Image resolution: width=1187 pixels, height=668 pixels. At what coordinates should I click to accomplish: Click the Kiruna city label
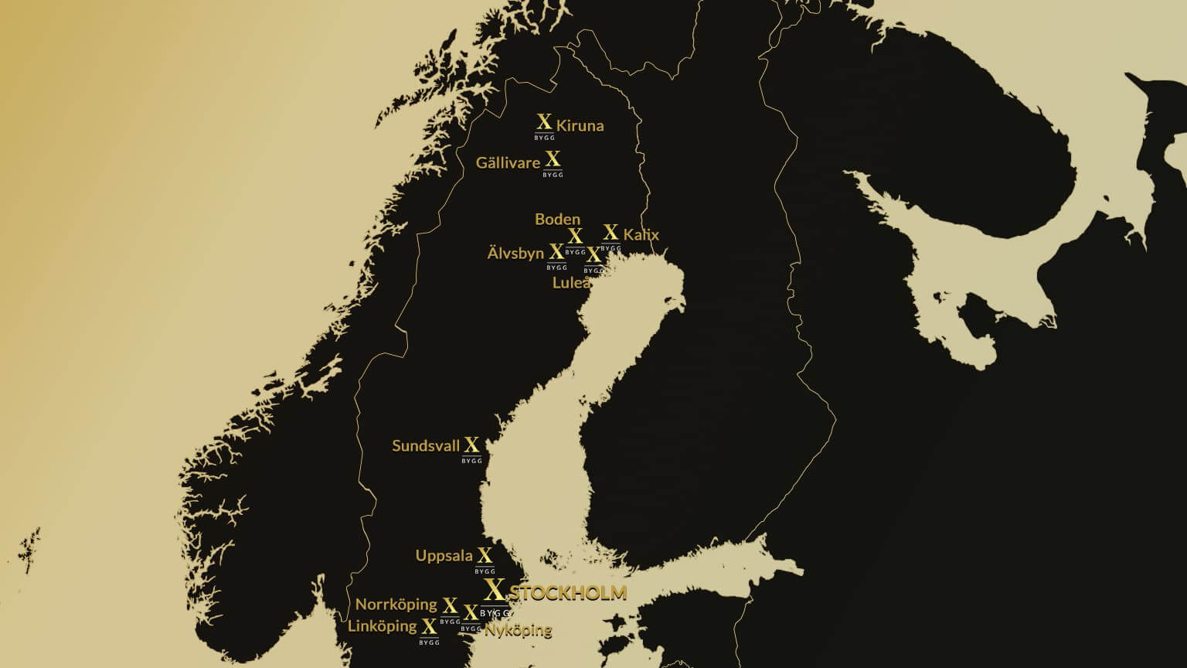580,125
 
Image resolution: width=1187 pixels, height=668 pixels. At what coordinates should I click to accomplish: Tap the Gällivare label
508,163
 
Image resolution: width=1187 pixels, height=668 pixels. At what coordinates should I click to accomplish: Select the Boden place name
557,219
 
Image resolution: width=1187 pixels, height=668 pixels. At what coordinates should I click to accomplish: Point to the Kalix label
641,234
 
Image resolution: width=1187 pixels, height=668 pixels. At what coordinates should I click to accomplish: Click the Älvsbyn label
515,253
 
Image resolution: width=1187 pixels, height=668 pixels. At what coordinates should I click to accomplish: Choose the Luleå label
572,283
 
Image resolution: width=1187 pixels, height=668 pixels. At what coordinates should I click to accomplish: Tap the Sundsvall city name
426,445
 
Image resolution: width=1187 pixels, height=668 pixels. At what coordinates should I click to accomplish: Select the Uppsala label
444,555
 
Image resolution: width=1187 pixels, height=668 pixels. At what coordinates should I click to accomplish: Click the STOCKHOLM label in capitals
568,593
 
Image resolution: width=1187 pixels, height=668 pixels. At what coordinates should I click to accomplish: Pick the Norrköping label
396,604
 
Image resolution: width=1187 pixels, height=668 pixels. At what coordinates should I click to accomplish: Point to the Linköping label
382,625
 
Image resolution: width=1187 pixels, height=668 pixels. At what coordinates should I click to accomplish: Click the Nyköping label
518,630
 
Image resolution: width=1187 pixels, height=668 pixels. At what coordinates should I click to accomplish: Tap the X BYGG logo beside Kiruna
544,125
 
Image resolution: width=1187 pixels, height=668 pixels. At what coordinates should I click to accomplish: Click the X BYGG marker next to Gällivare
553,162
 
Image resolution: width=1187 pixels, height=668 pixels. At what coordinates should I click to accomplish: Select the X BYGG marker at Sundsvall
471,448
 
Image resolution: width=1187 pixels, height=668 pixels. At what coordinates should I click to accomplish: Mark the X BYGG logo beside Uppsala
485,559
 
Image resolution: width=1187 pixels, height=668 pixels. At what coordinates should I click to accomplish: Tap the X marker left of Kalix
611,235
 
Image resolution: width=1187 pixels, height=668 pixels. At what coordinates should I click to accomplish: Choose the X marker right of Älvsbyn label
556,255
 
